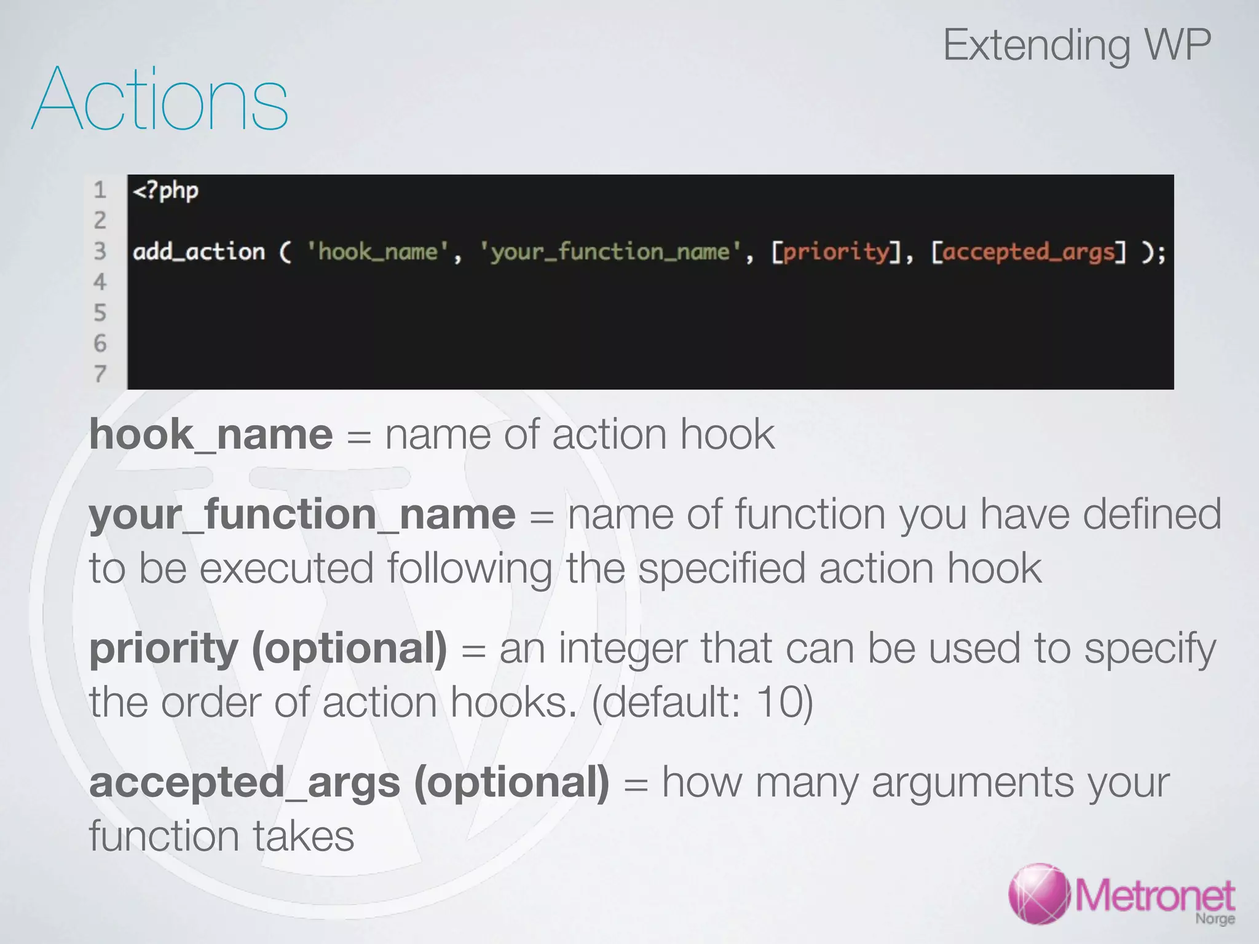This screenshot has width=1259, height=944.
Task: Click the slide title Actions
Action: tap(160, 100)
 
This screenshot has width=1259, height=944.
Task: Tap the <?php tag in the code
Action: tap(165, 191)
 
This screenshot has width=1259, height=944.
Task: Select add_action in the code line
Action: tap(199, 252)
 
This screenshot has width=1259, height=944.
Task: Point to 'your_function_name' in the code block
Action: tap(610, 252)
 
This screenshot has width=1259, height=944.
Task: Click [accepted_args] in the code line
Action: tap(1028, 252)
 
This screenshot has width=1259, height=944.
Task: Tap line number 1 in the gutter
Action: tap(100, 191)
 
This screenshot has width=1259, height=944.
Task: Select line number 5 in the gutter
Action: tap(100, 313)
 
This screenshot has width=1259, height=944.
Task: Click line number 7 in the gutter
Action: tap(100, 374)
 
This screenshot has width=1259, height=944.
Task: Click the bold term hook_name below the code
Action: tap(211, 435)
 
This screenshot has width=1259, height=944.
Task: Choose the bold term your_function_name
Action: tap(302, 514)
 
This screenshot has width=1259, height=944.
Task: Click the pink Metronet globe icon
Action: tap(1040, 894)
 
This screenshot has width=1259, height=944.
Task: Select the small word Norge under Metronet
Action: tap(1215, 919)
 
